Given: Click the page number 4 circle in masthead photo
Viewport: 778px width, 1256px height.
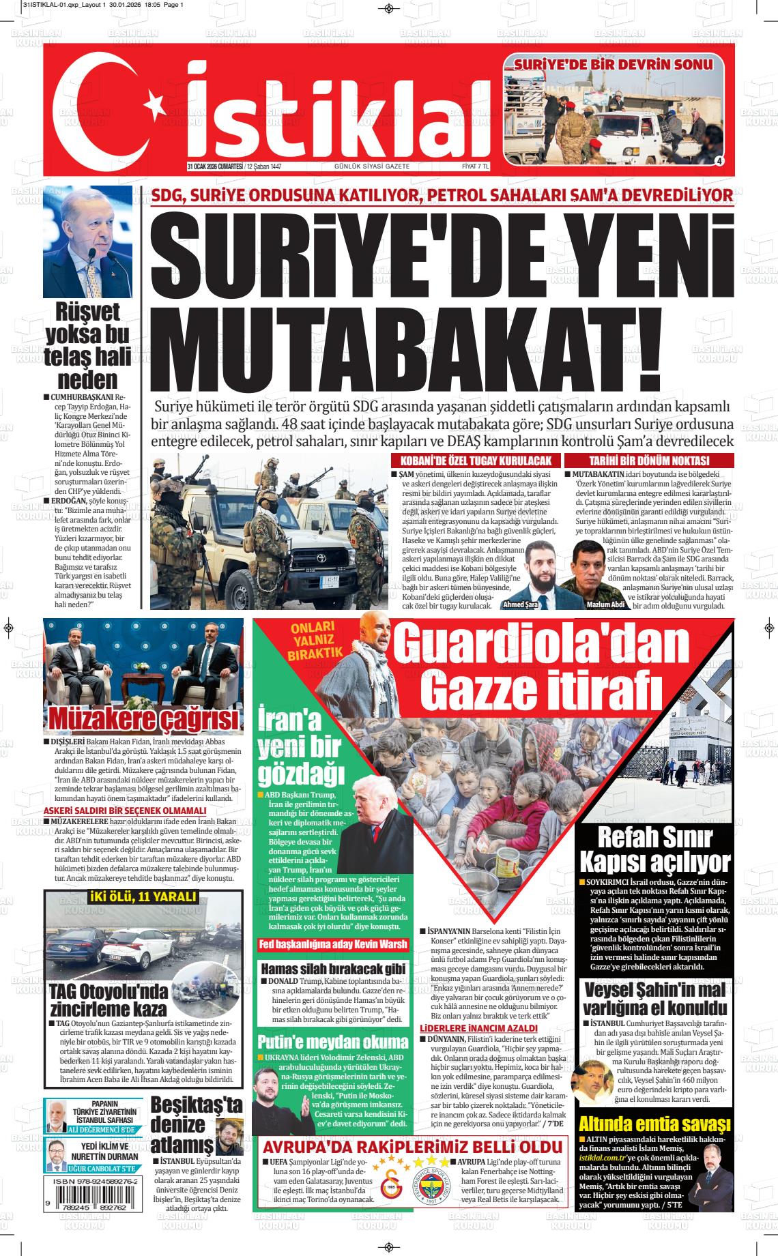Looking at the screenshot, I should (719, 160).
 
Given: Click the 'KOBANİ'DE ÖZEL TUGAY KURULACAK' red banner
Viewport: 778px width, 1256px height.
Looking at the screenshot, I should (476, 461).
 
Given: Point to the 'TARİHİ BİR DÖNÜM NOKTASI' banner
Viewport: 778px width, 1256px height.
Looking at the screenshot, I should (649, 461).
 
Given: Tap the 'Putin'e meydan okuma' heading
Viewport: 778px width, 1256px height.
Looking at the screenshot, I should (332, 1042).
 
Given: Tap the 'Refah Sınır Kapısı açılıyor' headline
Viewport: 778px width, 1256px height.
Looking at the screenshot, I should (654, 849).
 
